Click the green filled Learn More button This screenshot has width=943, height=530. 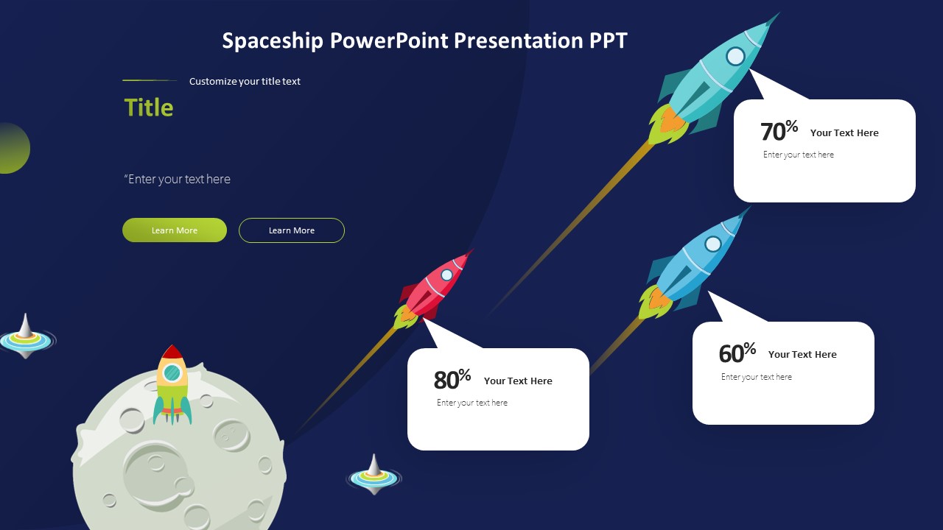pyautogui.click(x=175, y=230)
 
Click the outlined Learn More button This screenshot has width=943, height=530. pyautogui.click(x=291, y=230)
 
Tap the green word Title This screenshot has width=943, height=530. pyautogui.click(x=149, y=107)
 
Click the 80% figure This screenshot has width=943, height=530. pyautogui.click(x=452, y=380)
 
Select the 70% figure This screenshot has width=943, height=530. pyautogui.click(x=779, y=131)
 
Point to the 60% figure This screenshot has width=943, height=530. pyautogui.click(x=737, y=353)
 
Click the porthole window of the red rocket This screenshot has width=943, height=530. pyautogui.click(x=446, y=275)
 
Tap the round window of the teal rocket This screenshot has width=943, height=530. pyautogui.click(x=735, y=56)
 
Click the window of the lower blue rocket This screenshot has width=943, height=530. pyautogui.click(x=713, y=244)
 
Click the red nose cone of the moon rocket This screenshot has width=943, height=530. pyautogui.click(x=172, y=352)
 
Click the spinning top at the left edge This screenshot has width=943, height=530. pyautogui.click(x=26, y=338)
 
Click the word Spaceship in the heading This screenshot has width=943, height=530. pyautogui.click(x=273, y=40)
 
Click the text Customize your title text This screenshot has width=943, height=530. pyautogui.click(x=245, y=82)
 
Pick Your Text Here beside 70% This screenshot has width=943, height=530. pyautogui.click(x=844, y=133)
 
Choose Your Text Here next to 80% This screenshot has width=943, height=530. pyautogui.click(x=518, y=381)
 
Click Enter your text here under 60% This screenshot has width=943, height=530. pyautogui.click(x=757, y=377)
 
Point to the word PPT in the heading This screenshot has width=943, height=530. pyautogui.click(x=608, y=40)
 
